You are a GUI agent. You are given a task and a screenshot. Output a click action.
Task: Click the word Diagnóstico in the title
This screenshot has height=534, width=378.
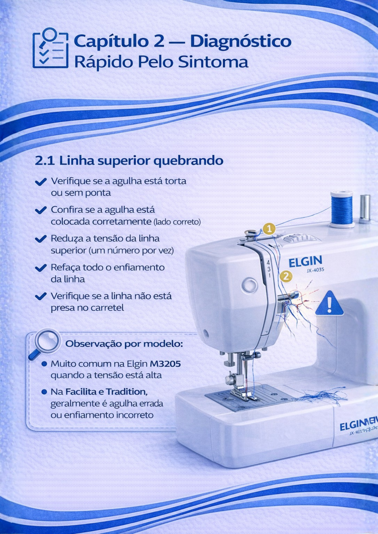[x=241, y=41]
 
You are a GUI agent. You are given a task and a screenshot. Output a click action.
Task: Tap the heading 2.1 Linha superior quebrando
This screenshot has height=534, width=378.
[x=129, y=161]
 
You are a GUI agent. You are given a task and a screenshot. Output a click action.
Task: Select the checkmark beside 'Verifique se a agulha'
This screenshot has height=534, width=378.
[x=41, y=182]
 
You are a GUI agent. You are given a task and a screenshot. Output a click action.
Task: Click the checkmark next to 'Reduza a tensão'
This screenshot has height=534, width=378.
[x=41, y=239]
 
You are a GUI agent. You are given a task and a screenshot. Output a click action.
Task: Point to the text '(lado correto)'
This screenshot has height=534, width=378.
[x=177, y=222]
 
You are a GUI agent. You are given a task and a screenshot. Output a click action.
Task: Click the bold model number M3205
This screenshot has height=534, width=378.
[x=165, y=364]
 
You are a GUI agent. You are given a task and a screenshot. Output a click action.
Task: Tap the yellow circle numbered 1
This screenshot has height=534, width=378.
[x=269, y=229]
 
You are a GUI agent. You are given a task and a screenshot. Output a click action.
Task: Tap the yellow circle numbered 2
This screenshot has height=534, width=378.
[x=286, y=276]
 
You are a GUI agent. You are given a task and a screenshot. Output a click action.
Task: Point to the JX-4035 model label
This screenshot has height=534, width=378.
[x=315, y=270]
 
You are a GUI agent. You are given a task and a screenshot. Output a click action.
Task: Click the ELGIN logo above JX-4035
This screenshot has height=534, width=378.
[x=305, y=261]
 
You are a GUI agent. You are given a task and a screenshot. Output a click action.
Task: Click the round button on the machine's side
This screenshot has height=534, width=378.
[x=249, y=285]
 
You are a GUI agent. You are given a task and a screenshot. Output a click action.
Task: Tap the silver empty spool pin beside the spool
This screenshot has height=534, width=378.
[x=365, y=208]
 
